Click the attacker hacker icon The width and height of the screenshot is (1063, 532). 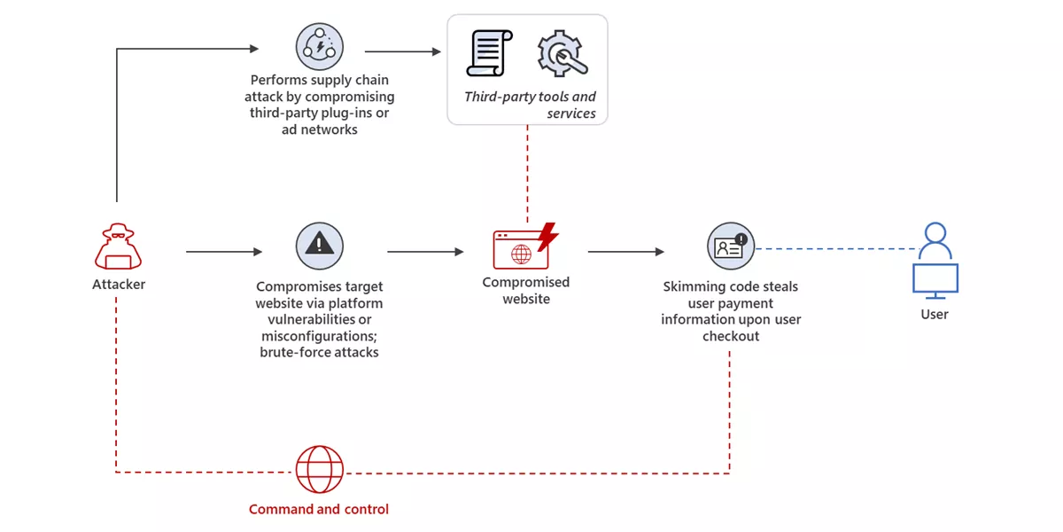pos(118,247)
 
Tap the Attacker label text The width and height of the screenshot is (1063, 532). pos(119,285)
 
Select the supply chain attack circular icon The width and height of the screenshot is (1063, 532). pos(319,48)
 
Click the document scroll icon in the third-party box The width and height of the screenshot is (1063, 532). pos(488,53)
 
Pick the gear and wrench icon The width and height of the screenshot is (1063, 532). pos(563,53)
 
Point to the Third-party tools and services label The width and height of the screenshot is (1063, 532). pos(531,105)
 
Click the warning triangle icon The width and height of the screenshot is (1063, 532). pos(319,246)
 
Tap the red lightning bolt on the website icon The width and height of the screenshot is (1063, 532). pos(548,236)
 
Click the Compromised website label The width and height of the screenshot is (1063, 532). pos(526,291)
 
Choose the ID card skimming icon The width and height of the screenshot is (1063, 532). pos(731,246)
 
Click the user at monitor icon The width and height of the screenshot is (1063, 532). pos(935,260)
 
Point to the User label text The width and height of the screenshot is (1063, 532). pos(935,314)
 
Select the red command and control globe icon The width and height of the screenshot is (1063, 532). pos(319,470)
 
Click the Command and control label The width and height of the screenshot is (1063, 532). pos(319,509)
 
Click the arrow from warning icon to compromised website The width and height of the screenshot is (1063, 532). pos(425,252)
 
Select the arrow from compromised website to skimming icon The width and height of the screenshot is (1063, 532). pos(625,252)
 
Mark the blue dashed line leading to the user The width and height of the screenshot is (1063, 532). pos(833,248)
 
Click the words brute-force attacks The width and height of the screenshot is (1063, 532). pos(319,352)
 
